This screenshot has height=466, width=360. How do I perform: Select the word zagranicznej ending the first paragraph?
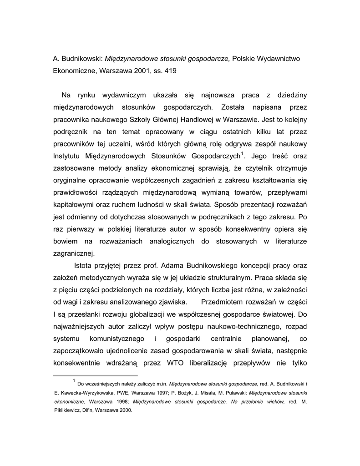pos(72,253)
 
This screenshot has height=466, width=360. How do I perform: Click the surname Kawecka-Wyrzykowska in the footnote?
pos(78,393)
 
